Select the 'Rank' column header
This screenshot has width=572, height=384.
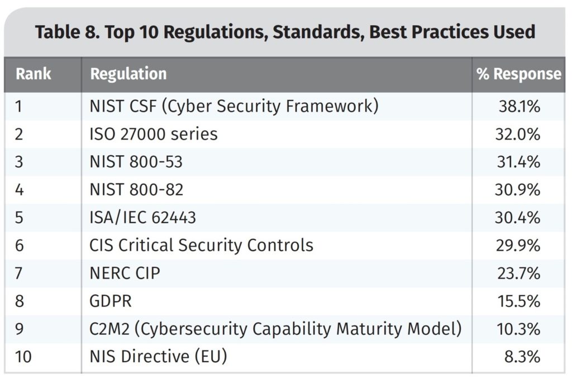pos(33,74)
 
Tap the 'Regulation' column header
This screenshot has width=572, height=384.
pos(128,74)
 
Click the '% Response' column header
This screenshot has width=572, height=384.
pos(519,74)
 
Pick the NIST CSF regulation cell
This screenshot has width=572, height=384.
pos(234,107)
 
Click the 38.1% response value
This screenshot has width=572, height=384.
pos(519,107)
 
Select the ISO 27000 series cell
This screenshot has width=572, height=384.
pos(154,134)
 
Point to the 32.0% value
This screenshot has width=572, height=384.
pos(517,134)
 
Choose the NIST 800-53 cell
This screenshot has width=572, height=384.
pos(136,162)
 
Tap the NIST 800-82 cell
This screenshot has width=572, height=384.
pos(136,190)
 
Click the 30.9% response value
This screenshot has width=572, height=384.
pos(517,190)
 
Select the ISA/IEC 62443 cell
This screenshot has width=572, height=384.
pos(142,218)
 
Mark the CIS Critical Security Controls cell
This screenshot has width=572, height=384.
pos(201,245)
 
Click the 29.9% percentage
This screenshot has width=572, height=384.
pos(518,246)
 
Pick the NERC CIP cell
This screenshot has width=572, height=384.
pos(125,273)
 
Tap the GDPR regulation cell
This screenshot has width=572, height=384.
pos(111,301)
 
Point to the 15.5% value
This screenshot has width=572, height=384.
pos(519,301)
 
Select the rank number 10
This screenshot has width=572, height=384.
pos(23,357)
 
